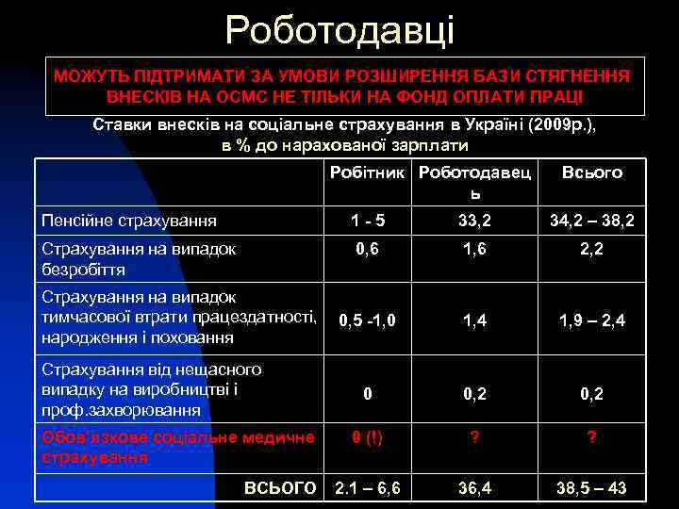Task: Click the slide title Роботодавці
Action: tap(339, 30)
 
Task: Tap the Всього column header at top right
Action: tap(591, 172)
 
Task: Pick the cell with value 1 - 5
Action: tap(368, 222)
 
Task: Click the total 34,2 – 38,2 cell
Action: tap(592, 222)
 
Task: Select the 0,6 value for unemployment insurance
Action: tap(368, 249)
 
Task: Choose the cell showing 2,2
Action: tap(592, 249)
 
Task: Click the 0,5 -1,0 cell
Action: tap(368, 320)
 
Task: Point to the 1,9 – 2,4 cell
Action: tap(592, 320)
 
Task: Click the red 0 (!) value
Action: tap(368, 436)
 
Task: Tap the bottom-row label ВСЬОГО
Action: tap(280, 487)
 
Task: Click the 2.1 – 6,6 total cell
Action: tap(368, 487)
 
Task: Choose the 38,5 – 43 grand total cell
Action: tap(592, 487)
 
